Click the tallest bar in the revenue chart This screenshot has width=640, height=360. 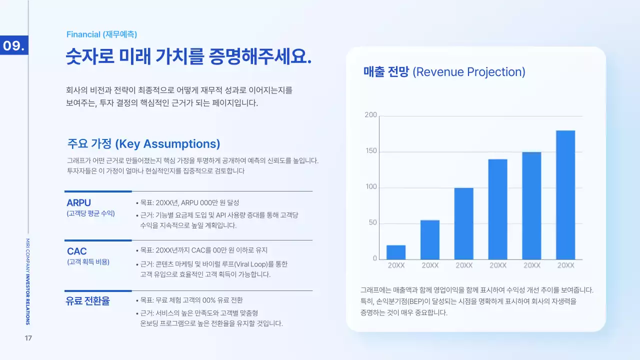(565, 195)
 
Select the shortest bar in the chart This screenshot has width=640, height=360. (396, 252)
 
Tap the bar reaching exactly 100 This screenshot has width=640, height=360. (464, 223)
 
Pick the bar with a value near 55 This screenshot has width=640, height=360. (430, 239)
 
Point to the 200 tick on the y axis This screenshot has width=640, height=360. (370, 115)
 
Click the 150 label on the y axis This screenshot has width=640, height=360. (370, 151)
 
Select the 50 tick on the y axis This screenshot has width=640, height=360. (372, 223)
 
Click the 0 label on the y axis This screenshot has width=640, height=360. (374, 258)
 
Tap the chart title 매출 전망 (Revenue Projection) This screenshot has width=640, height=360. (444, 72)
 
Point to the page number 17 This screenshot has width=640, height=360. (28, 338)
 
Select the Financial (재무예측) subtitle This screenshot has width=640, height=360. (101, 34)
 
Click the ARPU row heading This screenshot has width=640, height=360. (78, 203)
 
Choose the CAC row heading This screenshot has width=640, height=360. (77, 251)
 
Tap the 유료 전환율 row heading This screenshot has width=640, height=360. (88, 301)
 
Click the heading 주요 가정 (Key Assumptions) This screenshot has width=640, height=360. (143, 144)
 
